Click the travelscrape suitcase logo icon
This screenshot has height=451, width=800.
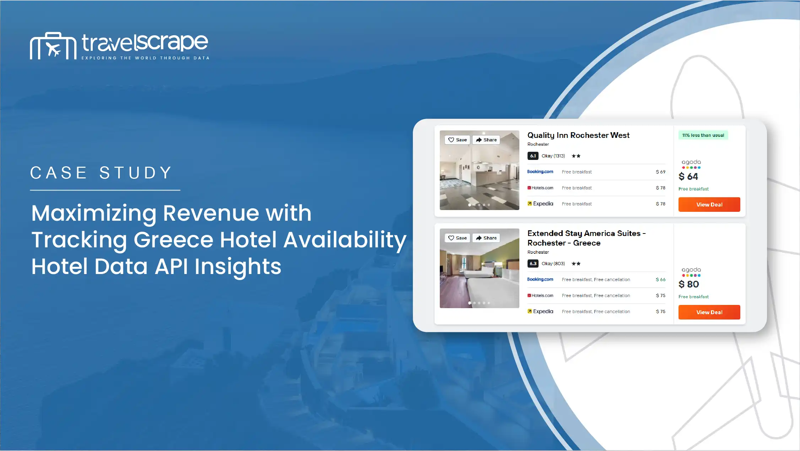click(53, 46)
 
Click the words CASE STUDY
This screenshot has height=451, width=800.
click(101, 173)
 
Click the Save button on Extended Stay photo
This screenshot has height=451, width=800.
click(457, 238)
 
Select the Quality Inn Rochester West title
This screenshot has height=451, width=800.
click(578, 135)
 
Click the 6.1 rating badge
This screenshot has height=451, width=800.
click(533, 156)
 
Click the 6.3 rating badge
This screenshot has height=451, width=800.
click(533, 263)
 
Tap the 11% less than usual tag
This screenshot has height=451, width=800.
click(703, 135)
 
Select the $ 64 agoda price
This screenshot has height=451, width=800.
click(688, 176)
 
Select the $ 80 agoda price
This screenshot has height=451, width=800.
click(688, 284)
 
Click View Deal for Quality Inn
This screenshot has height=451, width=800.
click(709, 204)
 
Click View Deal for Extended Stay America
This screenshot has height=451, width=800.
click(709, 312)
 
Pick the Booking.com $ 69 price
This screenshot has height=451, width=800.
click(660, 172)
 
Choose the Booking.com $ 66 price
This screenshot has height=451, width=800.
click(660, 279)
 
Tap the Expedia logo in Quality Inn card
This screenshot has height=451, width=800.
click(540, 204)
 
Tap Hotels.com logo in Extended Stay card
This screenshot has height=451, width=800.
click(540, 295)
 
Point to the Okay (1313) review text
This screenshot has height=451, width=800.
click(553, 156)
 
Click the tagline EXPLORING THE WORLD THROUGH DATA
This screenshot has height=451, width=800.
click(146, 58)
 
